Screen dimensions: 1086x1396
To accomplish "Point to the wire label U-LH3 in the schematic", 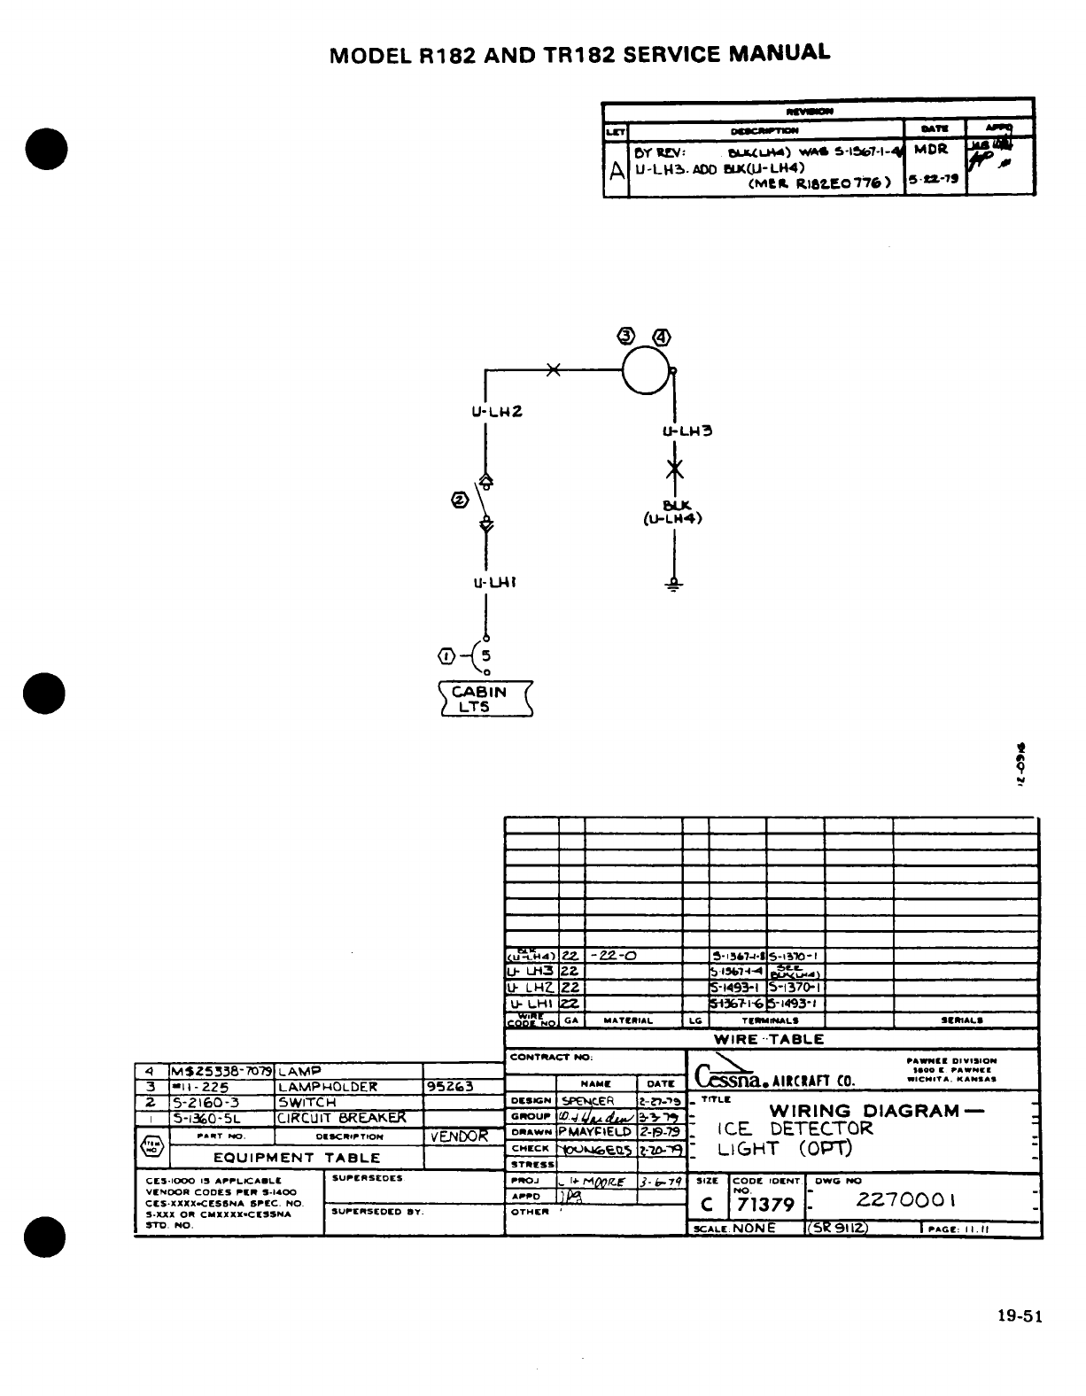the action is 688,431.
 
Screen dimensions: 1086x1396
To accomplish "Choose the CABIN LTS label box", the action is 485,699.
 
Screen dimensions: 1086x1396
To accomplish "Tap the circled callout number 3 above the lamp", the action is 627,336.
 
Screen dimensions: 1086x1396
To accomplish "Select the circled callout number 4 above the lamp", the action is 662,337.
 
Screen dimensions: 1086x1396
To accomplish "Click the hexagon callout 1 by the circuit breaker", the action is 446,655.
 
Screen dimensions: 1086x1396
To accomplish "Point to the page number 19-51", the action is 1019,1316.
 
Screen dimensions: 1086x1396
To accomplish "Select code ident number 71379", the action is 765,1205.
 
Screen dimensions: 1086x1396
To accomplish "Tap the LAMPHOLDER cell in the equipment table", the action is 328,1087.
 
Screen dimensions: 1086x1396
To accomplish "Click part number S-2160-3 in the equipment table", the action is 205,1103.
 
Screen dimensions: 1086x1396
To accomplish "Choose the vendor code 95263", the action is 450,1087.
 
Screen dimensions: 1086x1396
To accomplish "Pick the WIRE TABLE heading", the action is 769,1039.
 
